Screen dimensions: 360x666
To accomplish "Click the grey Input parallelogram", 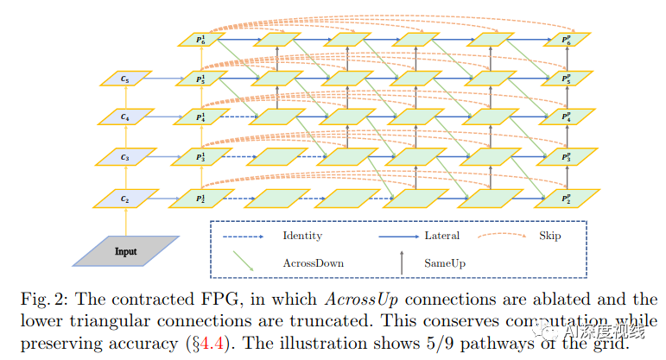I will (126, 250).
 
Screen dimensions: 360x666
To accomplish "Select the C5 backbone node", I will (126, 79).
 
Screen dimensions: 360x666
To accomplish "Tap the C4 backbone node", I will (126, 117).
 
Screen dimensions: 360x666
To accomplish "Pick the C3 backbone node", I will (126, 157).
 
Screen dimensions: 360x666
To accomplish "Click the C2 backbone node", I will (126, 198).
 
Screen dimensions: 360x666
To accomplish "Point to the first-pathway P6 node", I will (201, 40).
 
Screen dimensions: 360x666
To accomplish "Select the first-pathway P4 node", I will (201, 117).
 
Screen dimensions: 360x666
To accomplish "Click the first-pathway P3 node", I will (201, 157).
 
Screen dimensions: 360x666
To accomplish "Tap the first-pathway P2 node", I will (201, 198).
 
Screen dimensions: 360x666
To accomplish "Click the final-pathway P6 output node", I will (566, 40).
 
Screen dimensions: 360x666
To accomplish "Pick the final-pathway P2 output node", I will (566, 198).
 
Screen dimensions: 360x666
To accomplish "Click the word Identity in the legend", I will (302, 236).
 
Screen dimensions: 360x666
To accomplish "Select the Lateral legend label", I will (442, 236).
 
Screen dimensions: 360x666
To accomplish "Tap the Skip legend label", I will (549, 236).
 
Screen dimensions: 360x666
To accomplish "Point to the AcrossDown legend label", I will (313, 262).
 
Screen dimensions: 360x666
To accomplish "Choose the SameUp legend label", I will (445, 262).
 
